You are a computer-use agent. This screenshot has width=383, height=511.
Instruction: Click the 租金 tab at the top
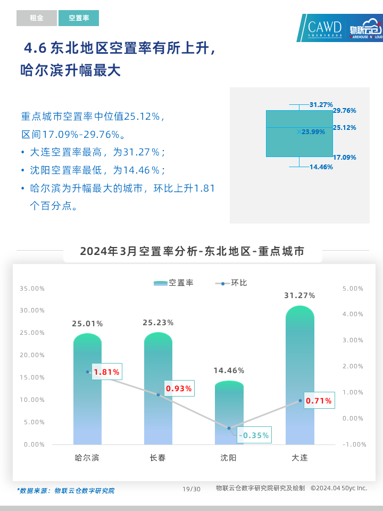[x=36, y=18]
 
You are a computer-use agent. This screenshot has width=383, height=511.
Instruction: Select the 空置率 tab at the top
[x=79, y=18]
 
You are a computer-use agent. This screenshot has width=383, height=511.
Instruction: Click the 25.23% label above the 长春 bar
[x=158, y=323]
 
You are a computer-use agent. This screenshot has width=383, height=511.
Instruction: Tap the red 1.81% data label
[x=106, y=372]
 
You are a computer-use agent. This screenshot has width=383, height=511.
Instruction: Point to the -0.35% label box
[x=254, y=435]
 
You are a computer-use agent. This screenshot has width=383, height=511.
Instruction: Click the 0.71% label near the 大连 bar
[x=319, y=401]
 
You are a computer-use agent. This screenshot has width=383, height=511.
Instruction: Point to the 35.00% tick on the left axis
[x=32, y=289]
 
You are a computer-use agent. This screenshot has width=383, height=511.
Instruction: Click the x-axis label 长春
[x=158, y=458]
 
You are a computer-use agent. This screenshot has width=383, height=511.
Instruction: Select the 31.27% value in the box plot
[x=321, y=105]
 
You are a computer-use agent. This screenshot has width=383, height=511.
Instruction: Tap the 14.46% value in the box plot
[x=321, y=167]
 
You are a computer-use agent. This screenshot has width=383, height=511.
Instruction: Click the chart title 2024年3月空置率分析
[x=192, y=252]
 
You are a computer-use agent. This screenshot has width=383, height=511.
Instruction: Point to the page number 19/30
[x=191, y=489]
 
